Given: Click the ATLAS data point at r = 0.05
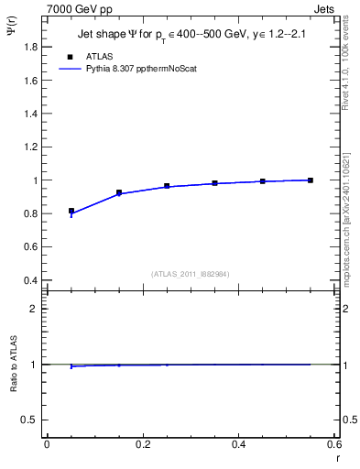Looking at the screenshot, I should [71, 211].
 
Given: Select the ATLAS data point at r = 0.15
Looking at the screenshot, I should [119, 192].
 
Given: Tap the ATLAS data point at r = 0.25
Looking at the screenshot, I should [167, 186].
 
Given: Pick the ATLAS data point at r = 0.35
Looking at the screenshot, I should [215, 183].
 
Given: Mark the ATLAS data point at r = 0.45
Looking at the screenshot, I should [263, 181].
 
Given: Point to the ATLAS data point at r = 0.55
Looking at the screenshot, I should [311, 180].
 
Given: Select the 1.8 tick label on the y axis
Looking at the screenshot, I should [29, 47].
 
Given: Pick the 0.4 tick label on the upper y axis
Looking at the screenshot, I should [29, 280].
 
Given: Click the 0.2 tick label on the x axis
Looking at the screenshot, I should [142, 444].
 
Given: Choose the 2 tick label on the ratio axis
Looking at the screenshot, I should [34, 310].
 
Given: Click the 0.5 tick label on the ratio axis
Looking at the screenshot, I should [29, 420].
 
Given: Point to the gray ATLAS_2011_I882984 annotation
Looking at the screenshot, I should [190, 274].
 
